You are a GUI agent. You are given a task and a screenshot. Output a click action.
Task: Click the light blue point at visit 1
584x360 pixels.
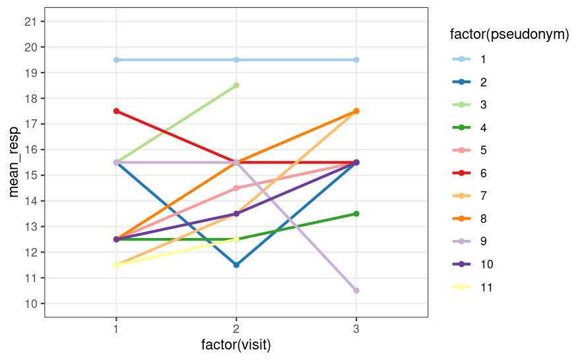point(116,60)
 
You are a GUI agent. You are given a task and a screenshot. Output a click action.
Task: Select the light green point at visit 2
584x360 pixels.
point(236,86)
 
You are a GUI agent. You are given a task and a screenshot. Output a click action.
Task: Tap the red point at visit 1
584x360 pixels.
point(116,111)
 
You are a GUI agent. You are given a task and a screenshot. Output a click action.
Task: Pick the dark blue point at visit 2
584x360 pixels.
point(236,265)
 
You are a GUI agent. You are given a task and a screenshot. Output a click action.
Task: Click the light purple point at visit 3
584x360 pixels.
point(356,291)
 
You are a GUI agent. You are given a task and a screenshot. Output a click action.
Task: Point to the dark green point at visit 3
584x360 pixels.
point(356,214)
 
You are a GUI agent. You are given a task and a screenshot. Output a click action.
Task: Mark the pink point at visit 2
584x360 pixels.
point(236,188)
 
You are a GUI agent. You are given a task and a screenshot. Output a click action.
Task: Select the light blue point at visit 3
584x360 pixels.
point(356,60)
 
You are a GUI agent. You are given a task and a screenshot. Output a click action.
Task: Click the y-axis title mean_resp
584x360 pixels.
point(14,162)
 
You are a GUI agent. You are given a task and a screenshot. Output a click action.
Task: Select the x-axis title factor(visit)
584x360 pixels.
point(236,345)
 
